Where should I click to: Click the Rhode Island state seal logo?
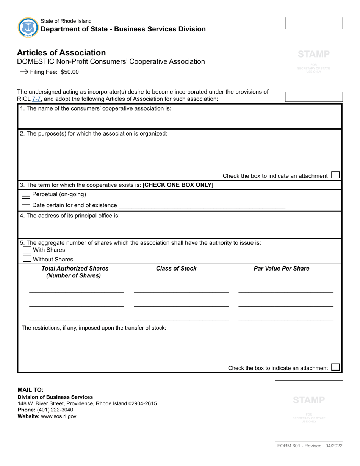point(28,27)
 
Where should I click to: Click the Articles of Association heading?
point(61,53)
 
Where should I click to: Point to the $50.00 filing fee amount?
point(70,72)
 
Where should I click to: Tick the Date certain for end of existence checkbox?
point(26,202)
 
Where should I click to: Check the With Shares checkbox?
point(27,250)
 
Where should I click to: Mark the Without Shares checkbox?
point(27,258)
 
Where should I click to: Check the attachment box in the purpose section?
point(335,175)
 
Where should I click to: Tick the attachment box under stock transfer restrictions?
point(335,367)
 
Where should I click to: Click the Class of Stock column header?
point(176,269)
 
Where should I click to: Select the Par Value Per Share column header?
point(281,269)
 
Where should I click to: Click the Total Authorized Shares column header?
point(75,272)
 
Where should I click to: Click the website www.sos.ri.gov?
point(58,416)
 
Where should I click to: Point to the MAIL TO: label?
point(31,389)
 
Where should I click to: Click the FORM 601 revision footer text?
point(310,446)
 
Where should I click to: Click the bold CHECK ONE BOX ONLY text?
point(178,185)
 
